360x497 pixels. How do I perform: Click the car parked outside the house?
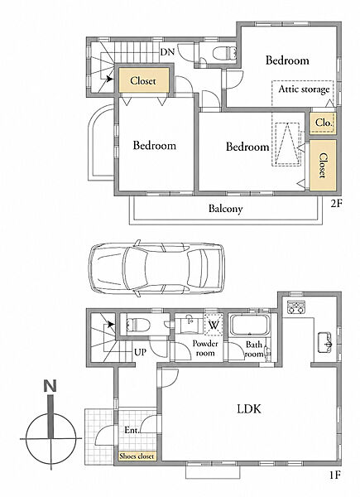point(157,268)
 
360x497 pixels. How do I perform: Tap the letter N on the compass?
point(50,386)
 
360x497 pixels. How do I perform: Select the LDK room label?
point(249,409)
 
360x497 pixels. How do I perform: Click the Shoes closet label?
point(137,456)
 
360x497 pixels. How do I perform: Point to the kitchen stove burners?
point(296,306)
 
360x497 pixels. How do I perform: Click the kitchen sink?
point(325,342)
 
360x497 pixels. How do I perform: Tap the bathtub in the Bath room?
point(250,326)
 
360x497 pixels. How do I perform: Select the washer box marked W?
point(214,325)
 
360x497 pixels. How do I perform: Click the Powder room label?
point(205,348)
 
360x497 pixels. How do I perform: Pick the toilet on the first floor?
point(137,325)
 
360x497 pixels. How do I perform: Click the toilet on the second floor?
point(224,53)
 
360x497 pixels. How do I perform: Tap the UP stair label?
point(140,352)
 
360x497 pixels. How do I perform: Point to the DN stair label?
point(167,52)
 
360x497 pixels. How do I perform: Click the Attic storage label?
point(304,89)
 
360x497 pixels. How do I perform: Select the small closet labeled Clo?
point(323,123)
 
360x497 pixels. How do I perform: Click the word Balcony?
point(225,209)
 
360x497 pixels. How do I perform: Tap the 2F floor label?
point(337,203)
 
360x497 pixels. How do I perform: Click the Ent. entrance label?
point(132,430)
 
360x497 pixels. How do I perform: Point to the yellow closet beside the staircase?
point(143,80)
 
